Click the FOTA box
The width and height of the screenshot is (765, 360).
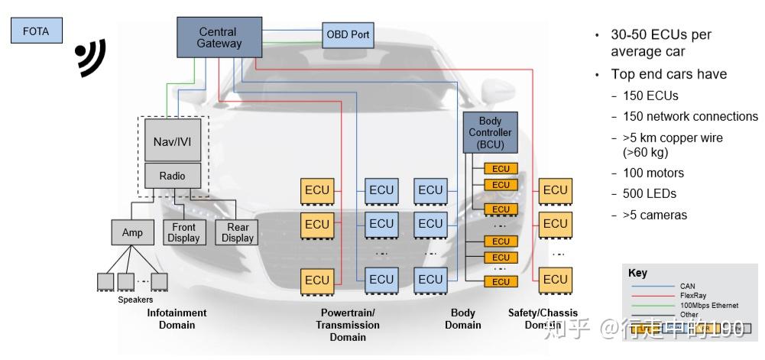[36, 32]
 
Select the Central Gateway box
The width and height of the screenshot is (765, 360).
[219, 37]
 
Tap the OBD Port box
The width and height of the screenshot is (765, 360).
[348, 35]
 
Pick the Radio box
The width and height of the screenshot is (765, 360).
[172, 176]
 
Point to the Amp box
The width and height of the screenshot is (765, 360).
[132, 232]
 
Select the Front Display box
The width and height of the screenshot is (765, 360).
[183, 232]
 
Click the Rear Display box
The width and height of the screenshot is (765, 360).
[237, 232]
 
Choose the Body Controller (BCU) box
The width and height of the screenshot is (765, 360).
[490, 132]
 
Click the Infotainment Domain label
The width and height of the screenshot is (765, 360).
[177, 319]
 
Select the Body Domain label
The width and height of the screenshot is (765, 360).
[463, 319]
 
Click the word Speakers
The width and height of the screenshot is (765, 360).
[135, 300]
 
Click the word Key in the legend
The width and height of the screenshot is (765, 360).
[637, 273]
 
